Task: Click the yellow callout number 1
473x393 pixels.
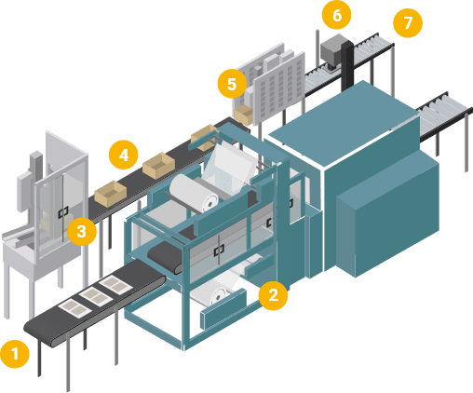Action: coord(15,354)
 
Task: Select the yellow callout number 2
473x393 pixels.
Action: coord(273,295)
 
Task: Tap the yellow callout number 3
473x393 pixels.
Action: coord(82,231)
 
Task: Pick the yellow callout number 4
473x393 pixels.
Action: coord(124,155)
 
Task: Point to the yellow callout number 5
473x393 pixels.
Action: coord(232,84)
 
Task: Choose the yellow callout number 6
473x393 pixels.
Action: coord(337,15)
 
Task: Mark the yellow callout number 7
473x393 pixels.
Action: coord(408,22)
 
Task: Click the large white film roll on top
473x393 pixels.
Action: coord(194,193)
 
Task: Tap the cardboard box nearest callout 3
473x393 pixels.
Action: coord(110,194)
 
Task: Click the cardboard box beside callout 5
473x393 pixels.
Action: coord(243,115)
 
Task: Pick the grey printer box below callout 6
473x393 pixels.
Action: coord(331,52)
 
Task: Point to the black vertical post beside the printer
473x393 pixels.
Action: coord(348,66)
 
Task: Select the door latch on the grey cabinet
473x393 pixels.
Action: coord(63,212)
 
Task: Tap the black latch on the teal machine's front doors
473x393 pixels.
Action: coord(219,251)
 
